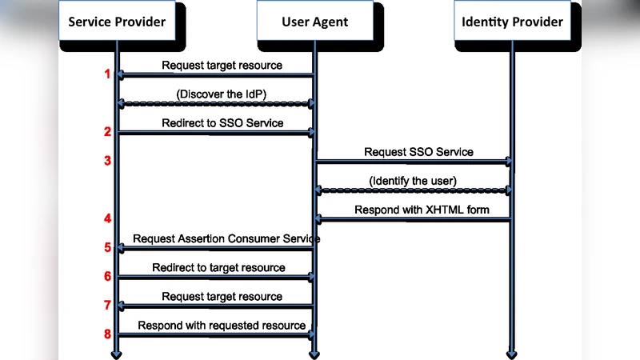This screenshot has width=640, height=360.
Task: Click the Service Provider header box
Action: tap(116, 22)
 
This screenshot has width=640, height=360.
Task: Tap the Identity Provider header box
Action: tap(512, 22)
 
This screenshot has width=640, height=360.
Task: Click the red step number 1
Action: tap(106, 74)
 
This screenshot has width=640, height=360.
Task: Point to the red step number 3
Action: tap(106, 161)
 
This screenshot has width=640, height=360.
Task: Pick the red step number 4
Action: tap(106, 218)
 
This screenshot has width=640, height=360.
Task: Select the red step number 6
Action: tap(106, 276)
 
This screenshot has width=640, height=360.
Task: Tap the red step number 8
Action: tap(106, 334)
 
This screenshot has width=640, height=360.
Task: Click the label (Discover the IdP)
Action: tap(222, 94)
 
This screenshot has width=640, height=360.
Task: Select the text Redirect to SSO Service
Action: tap(222, 123)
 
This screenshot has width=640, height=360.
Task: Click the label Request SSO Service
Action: tap(418, 151)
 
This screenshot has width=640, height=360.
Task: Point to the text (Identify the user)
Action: tap(413, 181)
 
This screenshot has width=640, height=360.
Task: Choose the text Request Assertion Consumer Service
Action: tap(226, 238)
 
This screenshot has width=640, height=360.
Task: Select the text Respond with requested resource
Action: tap(222, 325)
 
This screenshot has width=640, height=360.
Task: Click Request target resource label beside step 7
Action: tap(222, 296)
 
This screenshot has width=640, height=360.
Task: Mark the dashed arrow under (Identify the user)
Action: tap(413, 190)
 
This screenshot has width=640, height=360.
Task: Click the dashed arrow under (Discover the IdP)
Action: tap(215, 104)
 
